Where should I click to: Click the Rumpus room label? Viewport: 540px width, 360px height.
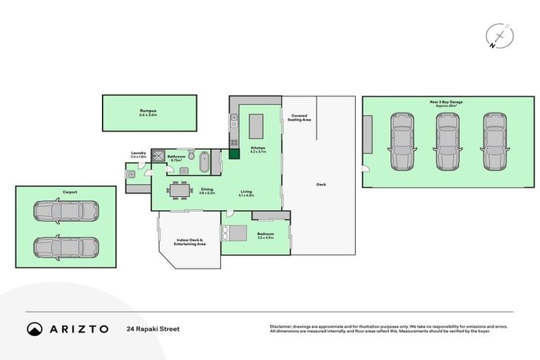(x=147, y=112)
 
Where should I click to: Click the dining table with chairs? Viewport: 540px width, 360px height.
(x=180, y=190)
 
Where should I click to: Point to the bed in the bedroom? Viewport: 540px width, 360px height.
(x=233, y=233)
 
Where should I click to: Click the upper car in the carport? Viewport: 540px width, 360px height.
(x=66, y=210)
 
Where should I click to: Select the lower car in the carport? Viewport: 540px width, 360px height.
(x=66, y=247)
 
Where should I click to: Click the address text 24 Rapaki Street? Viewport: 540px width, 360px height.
(x=149, y=328)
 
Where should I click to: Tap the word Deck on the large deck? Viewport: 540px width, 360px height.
(x=321, y=184)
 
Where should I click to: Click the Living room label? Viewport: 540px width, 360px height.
(x=246, y=192)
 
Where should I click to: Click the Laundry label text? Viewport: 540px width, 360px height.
(x=138, y=155)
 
